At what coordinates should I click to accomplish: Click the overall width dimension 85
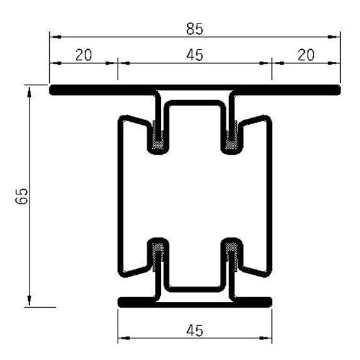tap(194, 28)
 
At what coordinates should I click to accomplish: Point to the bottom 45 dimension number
tap(194, 330)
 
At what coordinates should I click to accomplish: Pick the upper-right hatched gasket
tap(232, 137)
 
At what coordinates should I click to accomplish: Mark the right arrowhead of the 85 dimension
tap(336, 37)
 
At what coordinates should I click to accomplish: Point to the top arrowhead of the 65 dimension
tap(28, 89)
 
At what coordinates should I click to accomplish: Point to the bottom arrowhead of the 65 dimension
tap(28, 302)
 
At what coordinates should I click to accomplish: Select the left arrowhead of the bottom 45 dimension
tap(122, 340)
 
